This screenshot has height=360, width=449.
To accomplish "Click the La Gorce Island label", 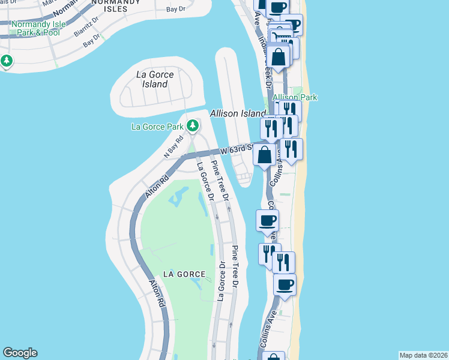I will (155, 79).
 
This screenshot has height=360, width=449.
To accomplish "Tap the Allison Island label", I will (238, 113).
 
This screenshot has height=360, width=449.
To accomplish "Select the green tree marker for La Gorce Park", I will (193, 126).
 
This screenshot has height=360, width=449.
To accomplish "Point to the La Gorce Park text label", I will (157, 127).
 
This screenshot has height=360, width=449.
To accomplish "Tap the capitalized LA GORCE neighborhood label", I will (180, 274).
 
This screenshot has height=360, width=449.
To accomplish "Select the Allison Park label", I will (295, 97).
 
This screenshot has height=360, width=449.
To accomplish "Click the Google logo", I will (20, 353).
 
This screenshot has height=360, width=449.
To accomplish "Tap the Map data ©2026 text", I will (423, 355).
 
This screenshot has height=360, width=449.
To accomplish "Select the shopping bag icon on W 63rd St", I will (265, 155).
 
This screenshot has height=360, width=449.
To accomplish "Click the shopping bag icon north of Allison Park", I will (279, 58).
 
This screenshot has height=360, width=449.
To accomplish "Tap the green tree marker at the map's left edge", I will (7, 61).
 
